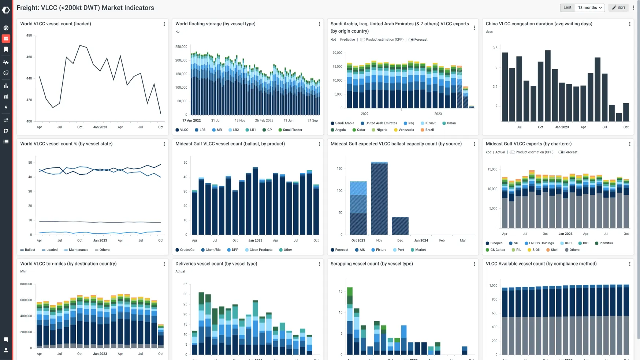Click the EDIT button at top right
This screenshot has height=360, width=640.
click(x=618, y=8)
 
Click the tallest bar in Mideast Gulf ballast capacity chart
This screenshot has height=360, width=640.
click(x=379, y=198)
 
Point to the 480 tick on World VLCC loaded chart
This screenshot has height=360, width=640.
click(x=29, y=36)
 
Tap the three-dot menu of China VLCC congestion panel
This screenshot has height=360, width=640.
click(x=629, y=24)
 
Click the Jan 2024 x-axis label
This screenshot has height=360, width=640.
click(x=421, y=241)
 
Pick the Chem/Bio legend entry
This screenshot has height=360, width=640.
click(x=213, y=250)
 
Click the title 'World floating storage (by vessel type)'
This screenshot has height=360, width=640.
click(x=215, y=24)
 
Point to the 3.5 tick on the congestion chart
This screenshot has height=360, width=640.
click(x=495, y=48)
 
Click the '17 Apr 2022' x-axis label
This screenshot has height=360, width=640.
click(x=191, y=120)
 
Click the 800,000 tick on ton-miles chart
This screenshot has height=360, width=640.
click(x=26, y=284)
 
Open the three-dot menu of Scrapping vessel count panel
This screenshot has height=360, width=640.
click(x=474, y=264)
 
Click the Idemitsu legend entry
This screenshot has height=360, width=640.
click(x=606, y=243)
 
